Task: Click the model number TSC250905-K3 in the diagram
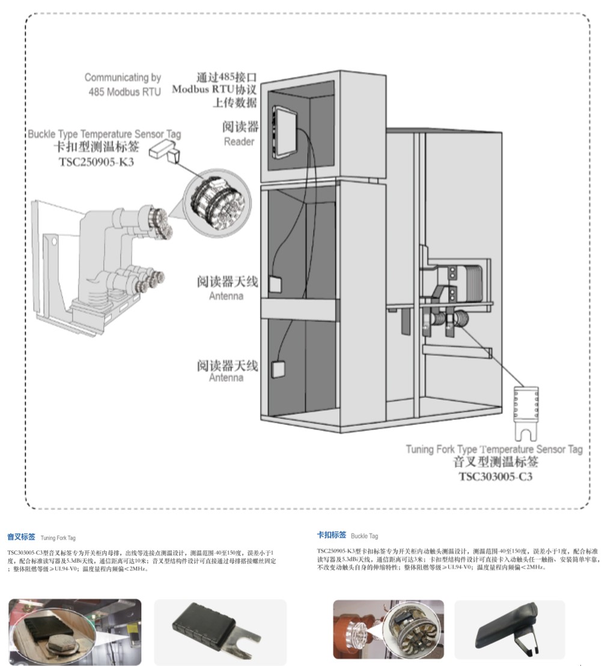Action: click(96, 161)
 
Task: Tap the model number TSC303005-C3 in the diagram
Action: click(496, 477)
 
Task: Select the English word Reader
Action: click(239, 142)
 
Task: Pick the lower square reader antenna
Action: click(278, 368)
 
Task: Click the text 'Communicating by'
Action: click(123, 77)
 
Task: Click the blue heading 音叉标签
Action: click(21, 537)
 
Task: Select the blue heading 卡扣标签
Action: click(332, 534)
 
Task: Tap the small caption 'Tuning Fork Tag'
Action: click(58, 538)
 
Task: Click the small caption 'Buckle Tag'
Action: click(365, 536)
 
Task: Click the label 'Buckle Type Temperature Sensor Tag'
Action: click(104, 134)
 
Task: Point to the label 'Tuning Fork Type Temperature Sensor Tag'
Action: click(494, 449)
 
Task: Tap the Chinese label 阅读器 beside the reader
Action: click(240, 127)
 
